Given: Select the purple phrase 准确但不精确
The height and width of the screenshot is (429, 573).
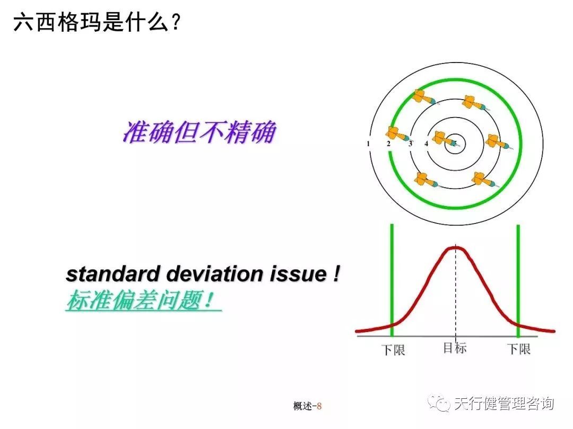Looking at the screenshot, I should tap(199, 132).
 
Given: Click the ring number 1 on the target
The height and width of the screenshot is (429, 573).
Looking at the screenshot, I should tap(368, 144).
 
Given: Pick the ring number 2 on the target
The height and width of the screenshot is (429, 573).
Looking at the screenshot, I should tap(388, 144).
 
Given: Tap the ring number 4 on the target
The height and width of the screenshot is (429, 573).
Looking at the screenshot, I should tap(426, 144).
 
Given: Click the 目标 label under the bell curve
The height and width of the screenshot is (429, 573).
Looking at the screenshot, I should tap(455, 348).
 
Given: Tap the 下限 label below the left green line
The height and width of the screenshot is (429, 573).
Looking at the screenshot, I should tap(393, 350).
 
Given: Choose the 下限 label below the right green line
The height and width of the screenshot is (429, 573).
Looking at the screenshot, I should tap(519, 349).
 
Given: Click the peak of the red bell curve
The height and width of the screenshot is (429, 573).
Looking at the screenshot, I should tap(455, 248).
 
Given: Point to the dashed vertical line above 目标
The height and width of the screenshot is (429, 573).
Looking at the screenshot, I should tap(455, 297).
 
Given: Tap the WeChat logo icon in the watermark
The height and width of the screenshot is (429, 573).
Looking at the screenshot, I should tap(440, 404).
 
